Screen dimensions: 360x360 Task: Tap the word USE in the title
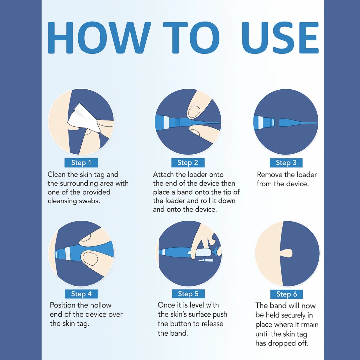coord(280,38)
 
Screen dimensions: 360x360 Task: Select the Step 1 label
coord(81,163)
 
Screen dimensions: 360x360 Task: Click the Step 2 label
coord(188,163)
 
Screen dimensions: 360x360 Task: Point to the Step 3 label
coord(286,163)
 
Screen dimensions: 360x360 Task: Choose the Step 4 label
coord(81,294)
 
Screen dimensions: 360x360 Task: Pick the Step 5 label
coord(188,294)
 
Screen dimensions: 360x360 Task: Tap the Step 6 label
coord(287,294)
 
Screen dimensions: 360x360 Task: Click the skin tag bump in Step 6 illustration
coord(287,253)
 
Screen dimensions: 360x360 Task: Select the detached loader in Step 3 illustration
coord(298,123)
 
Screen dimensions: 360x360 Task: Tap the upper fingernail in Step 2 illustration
coord(194,111)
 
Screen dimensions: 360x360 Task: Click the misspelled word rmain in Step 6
coord(309,325)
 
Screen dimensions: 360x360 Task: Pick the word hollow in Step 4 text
coord(101,305)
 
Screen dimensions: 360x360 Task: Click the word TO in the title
coord(191,38)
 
